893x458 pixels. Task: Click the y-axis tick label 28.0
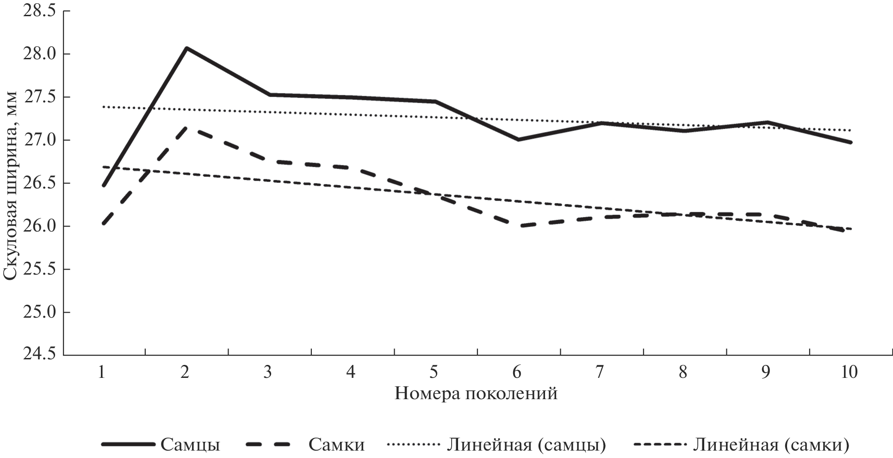[38, 54]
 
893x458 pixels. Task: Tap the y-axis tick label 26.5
[38, 183]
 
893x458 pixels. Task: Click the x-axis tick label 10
[849, 372]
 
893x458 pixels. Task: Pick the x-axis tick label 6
[517, 372]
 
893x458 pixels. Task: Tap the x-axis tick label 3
[267, 372]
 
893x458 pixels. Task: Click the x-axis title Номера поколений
[476, 394]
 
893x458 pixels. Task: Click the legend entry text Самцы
[190, 445]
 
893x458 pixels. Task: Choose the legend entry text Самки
[336, 445]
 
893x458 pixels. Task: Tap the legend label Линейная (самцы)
[526, 445]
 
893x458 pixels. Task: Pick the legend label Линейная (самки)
[771, 445]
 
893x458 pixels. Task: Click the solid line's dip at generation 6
[518, 139]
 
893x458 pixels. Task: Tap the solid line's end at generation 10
[850, 143]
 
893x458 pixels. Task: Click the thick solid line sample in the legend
[128, 445]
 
